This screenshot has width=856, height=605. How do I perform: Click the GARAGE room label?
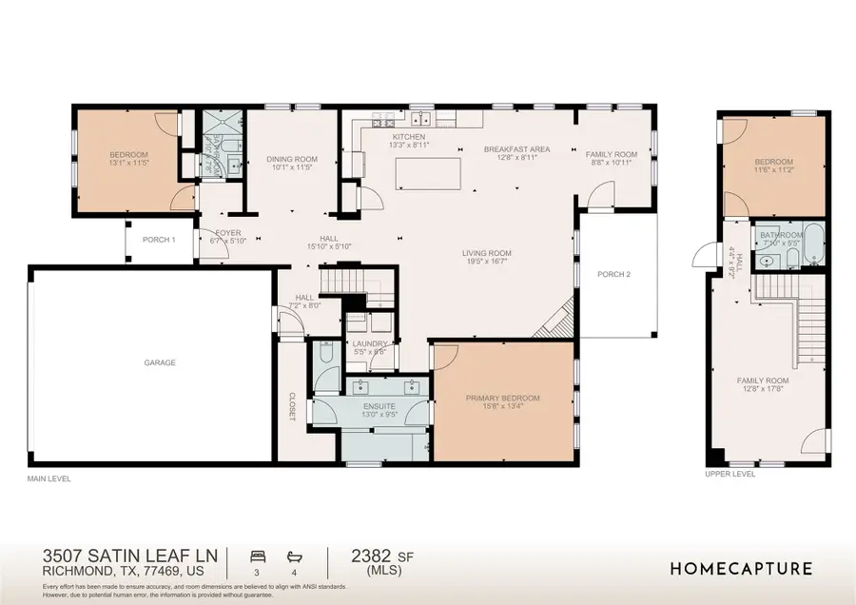160,361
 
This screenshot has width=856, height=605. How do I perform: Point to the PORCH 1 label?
159,240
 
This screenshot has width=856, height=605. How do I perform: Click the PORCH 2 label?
613,275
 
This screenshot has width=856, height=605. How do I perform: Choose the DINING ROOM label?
292,159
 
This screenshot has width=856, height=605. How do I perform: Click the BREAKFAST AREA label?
516,149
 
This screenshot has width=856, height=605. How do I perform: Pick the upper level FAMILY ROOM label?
763,381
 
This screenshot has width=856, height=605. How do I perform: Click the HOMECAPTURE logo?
742,569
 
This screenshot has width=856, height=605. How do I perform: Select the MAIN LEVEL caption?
49,478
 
